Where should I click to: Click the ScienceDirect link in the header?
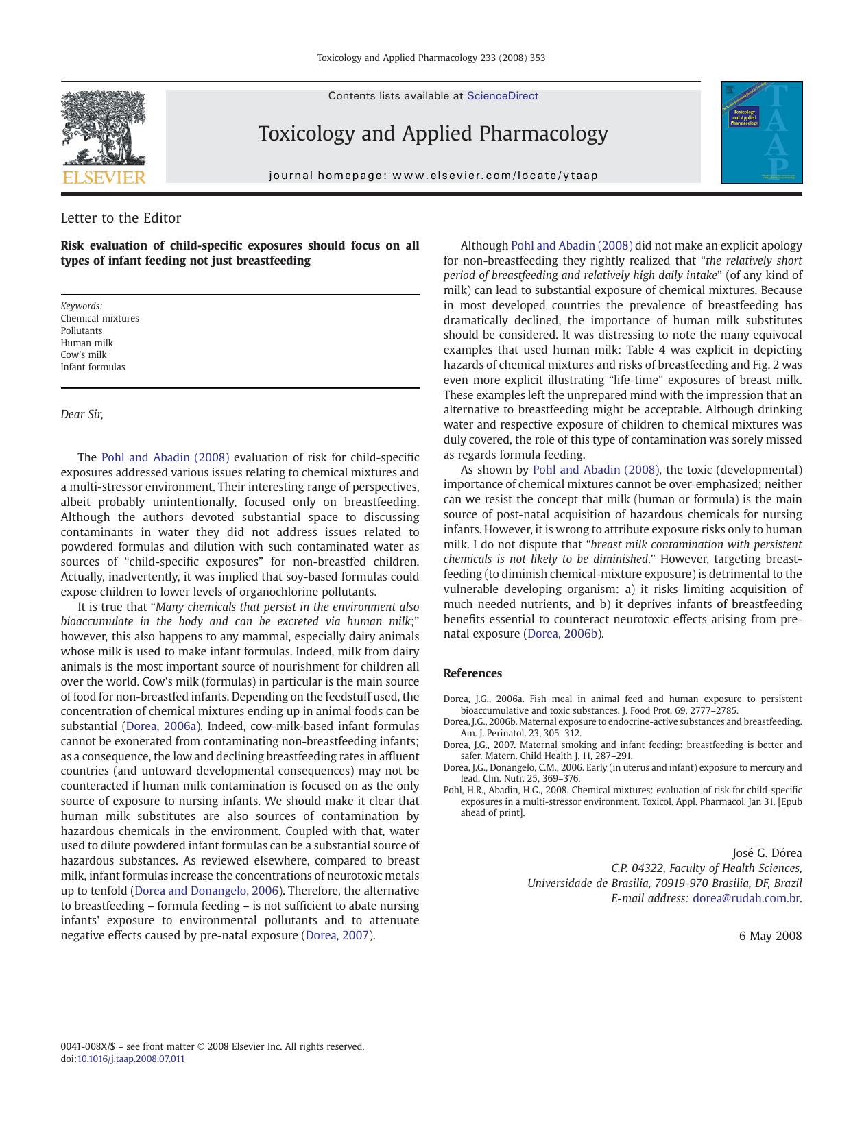(502, 96)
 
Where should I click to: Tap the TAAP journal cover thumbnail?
(761, 132)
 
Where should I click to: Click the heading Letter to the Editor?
(121, 218)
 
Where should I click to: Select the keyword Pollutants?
(81, 330)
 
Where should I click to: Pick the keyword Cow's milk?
(84, 354)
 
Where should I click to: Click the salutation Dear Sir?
(82, 414)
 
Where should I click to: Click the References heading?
(472, 673)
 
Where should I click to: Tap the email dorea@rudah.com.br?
(745, 898)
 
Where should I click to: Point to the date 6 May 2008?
(770, 936)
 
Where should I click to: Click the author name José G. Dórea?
(767, 853)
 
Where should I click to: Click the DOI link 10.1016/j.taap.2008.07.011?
(130, 1059)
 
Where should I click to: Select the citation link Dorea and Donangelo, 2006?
(206, 891)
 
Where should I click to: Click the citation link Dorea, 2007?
(337, 935)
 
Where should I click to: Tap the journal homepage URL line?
(433, 176)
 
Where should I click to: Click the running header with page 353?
(431, 58)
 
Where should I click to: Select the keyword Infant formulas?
(93, 367)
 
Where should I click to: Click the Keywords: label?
(81, 306)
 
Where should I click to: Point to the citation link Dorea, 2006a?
(161, 726)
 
